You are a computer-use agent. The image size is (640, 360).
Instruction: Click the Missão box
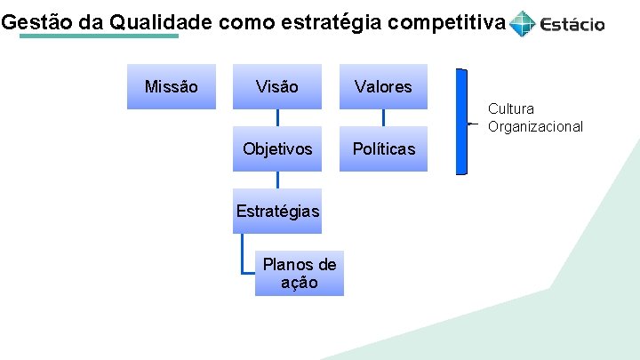[171, 86]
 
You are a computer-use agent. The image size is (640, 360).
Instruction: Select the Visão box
[276, 86]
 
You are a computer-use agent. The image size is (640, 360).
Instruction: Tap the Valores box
[383, 86]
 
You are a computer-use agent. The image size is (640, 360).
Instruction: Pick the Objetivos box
[277, 148]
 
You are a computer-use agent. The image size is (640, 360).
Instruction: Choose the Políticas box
[383, 148]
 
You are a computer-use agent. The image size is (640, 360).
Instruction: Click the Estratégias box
[277, 211]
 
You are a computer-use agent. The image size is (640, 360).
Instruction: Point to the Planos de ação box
[299, 273]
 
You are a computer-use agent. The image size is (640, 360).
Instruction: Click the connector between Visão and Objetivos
[277, 117]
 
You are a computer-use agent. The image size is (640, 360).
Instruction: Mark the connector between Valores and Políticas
[383, 117]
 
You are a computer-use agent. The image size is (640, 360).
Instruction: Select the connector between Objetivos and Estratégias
[277, 180]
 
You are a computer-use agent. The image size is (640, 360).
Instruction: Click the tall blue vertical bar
[461, 122]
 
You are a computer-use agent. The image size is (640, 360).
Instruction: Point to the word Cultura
[511, 109]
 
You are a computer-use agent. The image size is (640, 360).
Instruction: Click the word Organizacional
[535, 126]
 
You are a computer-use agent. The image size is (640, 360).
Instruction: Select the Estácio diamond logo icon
[523, 23]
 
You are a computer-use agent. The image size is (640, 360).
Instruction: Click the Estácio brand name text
[572, 24]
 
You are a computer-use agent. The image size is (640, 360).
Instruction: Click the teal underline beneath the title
[98, 36]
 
